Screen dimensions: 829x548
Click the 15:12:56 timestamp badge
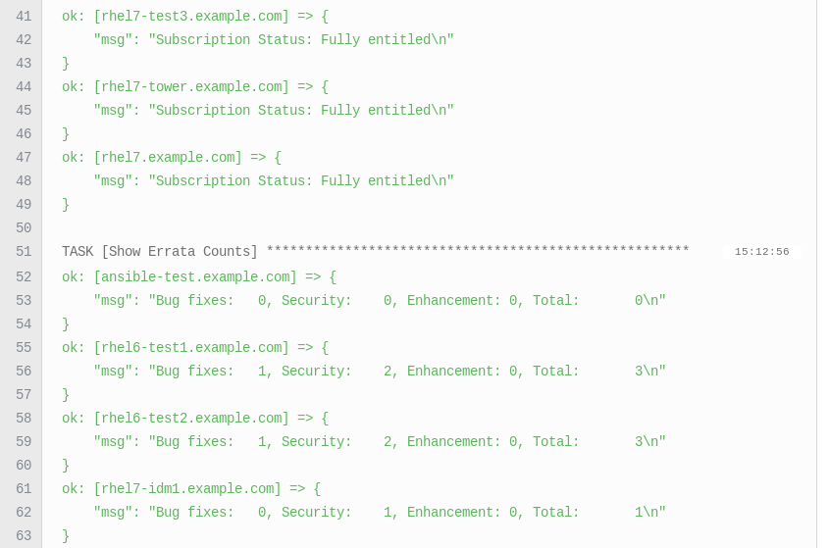click(762, 252)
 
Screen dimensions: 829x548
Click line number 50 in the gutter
click(24, 227)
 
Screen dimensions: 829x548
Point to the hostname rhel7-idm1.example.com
click(187, 489)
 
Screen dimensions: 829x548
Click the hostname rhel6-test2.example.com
click(191, 418)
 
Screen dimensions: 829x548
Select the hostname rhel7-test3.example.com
click(191, 17)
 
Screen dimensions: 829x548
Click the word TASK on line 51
click(78, 251)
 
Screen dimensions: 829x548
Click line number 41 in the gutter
click(24, 17)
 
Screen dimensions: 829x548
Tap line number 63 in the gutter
click(24, 536)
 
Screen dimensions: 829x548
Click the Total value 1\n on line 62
click(647, 512)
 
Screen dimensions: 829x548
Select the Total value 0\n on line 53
click(647, 300)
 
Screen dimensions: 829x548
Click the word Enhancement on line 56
click(450, 371)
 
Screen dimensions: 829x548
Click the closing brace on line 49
click(66, 205)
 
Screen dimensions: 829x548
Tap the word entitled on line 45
click(399, 110)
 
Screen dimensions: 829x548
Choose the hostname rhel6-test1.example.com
click(191, 348)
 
